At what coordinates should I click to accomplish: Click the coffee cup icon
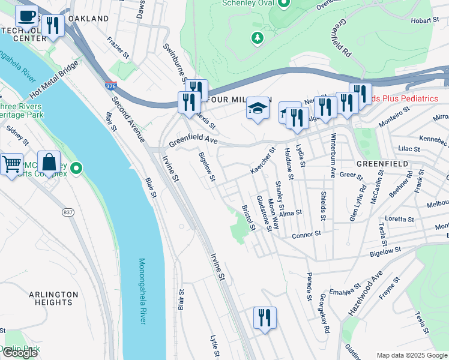(x=26, y=16)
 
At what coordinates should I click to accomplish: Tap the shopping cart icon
(x=11, y=163)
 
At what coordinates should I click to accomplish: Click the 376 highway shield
(x=110, y=87)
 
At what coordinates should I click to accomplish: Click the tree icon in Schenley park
(x=258, y=38)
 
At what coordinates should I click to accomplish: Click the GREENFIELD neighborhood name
(x=382, y=163)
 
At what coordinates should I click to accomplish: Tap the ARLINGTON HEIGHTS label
(x=53, y=298)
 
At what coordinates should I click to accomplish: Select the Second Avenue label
(x=130, y=120)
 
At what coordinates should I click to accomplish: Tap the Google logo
(x=20, y=353)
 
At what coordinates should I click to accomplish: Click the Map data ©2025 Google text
(x=412, y=355)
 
